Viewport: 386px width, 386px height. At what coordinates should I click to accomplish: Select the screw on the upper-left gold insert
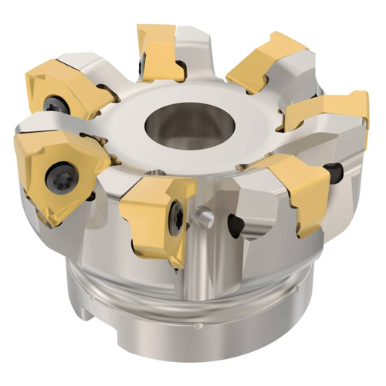tap(54, 103)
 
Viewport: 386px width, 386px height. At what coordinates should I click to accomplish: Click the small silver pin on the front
tap(204, 218)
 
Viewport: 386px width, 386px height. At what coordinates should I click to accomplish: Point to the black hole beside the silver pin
tap(236, 225)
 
